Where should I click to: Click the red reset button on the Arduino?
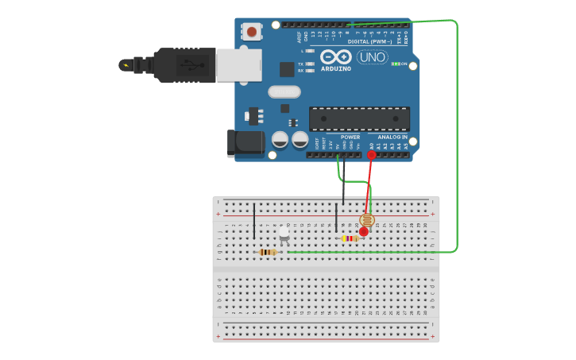click(x=252, y=32)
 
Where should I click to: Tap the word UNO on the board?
click(x=372, y=57)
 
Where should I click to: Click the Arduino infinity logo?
click(x=335, y=57)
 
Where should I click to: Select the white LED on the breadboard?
click(x=284, y=233)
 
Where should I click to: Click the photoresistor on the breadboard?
click(x=366, y=220)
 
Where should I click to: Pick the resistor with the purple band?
click(x=350, y=238)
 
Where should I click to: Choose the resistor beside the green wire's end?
click(x=269, y=252)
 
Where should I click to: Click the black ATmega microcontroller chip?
click(x=359, y=118)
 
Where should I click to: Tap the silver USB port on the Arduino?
click(x=239, y=65)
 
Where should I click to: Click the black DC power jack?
click(x=245, y=142)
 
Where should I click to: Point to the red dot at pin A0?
click(x=372, y=155)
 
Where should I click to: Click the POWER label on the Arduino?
click(x=350, y=137)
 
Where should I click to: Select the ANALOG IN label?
click(x=392, y=137)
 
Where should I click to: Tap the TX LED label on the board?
click(x=300, y=64)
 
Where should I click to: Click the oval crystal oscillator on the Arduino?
click(x=284, y=91)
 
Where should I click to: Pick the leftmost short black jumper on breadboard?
click(x=254, y=220)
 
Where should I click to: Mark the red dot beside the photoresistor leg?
click(x=364, y=232)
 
